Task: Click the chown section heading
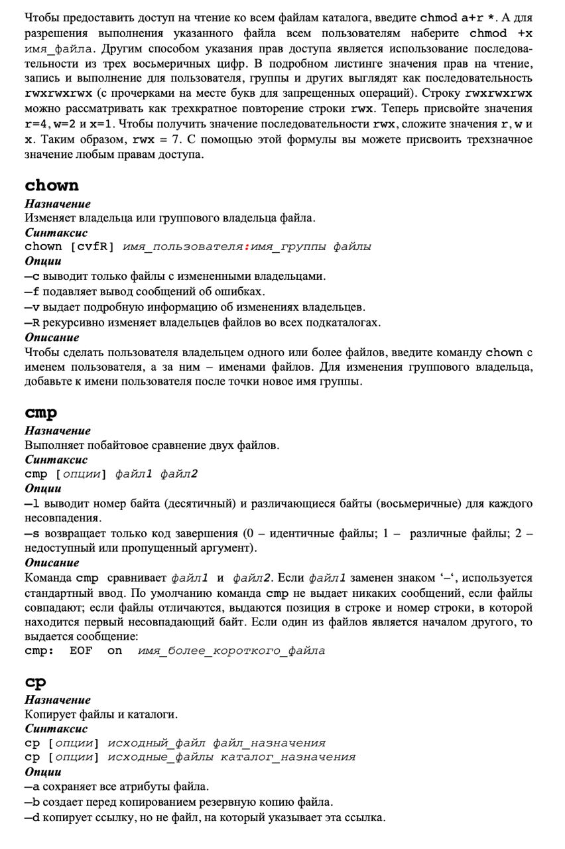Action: tap(52, 185)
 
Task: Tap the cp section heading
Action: tap(36, 682)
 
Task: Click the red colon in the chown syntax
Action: tap(247, 247)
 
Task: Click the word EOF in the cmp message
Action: tap(81, 651)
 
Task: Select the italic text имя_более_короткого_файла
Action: tap(231, 651)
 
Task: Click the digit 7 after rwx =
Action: tap(193, 139)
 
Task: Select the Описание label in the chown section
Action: tap(52, 337)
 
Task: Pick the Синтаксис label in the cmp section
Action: tap(56, 460)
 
